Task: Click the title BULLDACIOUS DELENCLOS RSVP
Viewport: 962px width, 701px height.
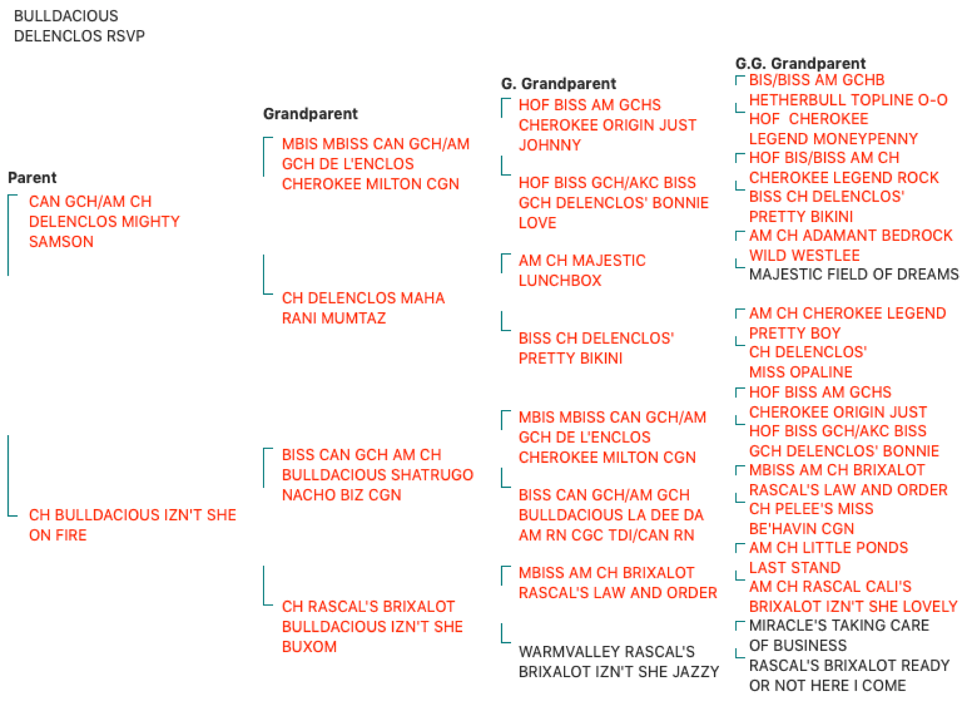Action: click(79, 26)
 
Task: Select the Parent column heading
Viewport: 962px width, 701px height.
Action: click(32, 177)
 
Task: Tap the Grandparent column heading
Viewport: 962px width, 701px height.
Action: click(310, 114)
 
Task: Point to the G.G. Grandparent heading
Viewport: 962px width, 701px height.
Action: click(800, 63)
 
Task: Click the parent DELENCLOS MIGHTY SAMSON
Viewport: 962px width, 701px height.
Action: click(104, 222)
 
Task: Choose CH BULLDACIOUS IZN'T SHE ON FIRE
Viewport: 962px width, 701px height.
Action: click(132, 524)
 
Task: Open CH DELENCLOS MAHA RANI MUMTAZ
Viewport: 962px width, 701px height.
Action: click(363, 308)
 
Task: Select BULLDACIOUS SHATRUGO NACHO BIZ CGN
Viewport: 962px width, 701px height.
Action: click(378, 475)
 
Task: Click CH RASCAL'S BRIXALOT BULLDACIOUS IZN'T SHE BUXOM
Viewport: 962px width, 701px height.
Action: click(373, 626)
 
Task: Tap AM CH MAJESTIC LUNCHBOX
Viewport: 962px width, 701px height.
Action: click(582, 270)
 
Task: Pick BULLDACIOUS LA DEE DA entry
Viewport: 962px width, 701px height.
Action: click(611, 515)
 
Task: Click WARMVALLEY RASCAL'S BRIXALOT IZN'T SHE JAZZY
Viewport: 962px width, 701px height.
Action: click(619, 661)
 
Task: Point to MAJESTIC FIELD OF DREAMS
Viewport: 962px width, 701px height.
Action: click(854, 274)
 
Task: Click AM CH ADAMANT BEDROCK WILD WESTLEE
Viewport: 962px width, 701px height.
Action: click(851, 245)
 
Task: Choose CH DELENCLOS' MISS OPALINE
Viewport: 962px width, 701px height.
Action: click(808, 362)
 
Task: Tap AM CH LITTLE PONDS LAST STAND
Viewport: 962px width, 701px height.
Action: click(829, 557)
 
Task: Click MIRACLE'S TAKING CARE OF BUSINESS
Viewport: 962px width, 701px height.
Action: click(839, 635)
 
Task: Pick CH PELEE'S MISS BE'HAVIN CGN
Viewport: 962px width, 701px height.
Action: click(812, 519)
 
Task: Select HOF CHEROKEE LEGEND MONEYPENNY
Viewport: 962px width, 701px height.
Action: click(834, 128)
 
